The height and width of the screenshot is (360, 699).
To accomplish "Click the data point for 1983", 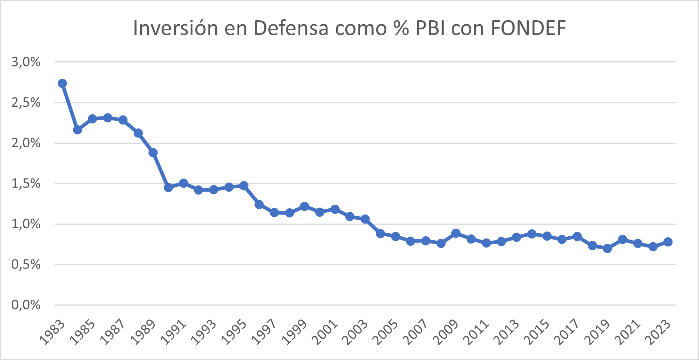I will click(62, 83).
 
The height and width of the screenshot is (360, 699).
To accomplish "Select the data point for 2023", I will click(668, 242).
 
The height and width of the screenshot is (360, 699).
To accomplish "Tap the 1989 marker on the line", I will click(153, 152).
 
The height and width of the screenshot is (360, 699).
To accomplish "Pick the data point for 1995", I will click(244, 186).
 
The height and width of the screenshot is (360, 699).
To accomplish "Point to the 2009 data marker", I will click(456, 233).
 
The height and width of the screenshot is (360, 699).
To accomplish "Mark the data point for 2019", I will click(607, 249).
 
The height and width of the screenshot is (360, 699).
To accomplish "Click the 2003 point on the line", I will click(365, 219).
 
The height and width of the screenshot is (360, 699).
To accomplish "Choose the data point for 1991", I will click(183, 183).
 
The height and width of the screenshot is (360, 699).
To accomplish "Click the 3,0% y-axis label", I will click(26, 62).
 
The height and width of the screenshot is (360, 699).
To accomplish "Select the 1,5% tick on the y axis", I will click(26, 184).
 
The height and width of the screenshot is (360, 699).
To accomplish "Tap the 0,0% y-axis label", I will click(26, 305).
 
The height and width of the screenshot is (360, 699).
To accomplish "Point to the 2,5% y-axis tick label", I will click(26, 103).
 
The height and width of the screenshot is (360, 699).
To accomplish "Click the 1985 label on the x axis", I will click(83, 332).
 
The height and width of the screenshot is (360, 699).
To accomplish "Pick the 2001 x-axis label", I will click(325, 332).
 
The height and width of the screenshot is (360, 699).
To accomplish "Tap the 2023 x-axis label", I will click(659, 332).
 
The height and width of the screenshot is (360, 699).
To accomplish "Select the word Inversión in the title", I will click(176, 28).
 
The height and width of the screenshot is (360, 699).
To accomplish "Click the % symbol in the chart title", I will click(401, 28).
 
